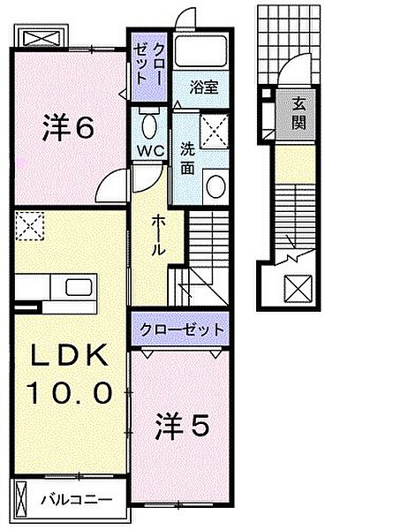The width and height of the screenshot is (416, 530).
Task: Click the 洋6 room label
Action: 67,129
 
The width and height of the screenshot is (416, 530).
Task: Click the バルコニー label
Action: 77,500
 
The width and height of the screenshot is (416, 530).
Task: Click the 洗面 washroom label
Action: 188,155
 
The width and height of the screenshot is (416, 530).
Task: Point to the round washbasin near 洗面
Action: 216,185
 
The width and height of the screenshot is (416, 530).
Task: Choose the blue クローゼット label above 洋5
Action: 180,330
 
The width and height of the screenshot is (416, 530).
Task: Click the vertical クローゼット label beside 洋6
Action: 147,66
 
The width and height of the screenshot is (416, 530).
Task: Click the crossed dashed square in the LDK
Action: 29,225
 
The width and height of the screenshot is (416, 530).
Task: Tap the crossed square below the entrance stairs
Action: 297,288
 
